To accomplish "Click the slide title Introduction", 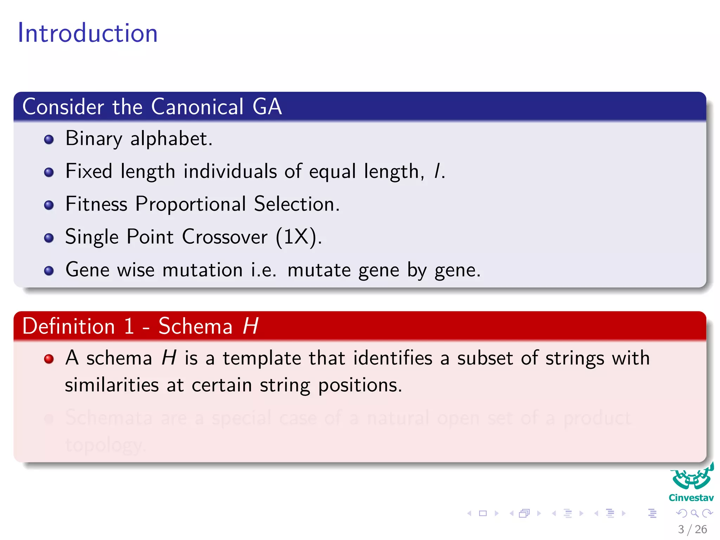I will click(x=88, y=33).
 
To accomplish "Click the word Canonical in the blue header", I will click(x=197, y=107).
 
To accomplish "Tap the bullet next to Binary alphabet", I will click(x=49, y=140).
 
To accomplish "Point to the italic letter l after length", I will click(x=437, y=171).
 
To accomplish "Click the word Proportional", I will click(x=191, y=204).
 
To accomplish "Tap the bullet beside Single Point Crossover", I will click(x=49, y=238).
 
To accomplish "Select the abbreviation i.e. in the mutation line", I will click(x=263, y=270).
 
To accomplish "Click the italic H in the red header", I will click(x=251, y=326).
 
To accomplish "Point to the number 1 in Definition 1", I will click(x=129, y=326).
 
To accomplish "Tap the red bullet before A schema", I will click(x=49, y=359).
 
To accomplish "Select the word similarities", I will click(x=112, y=385).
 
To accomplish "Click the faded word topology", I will click(x=104, y=445).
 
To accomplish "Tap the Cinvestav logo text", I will click(x=691, y=498).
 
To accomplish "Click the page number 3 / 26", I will click(x=692, y=529).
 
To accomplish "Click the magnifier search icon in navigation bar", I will click(x=694, y=513).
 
